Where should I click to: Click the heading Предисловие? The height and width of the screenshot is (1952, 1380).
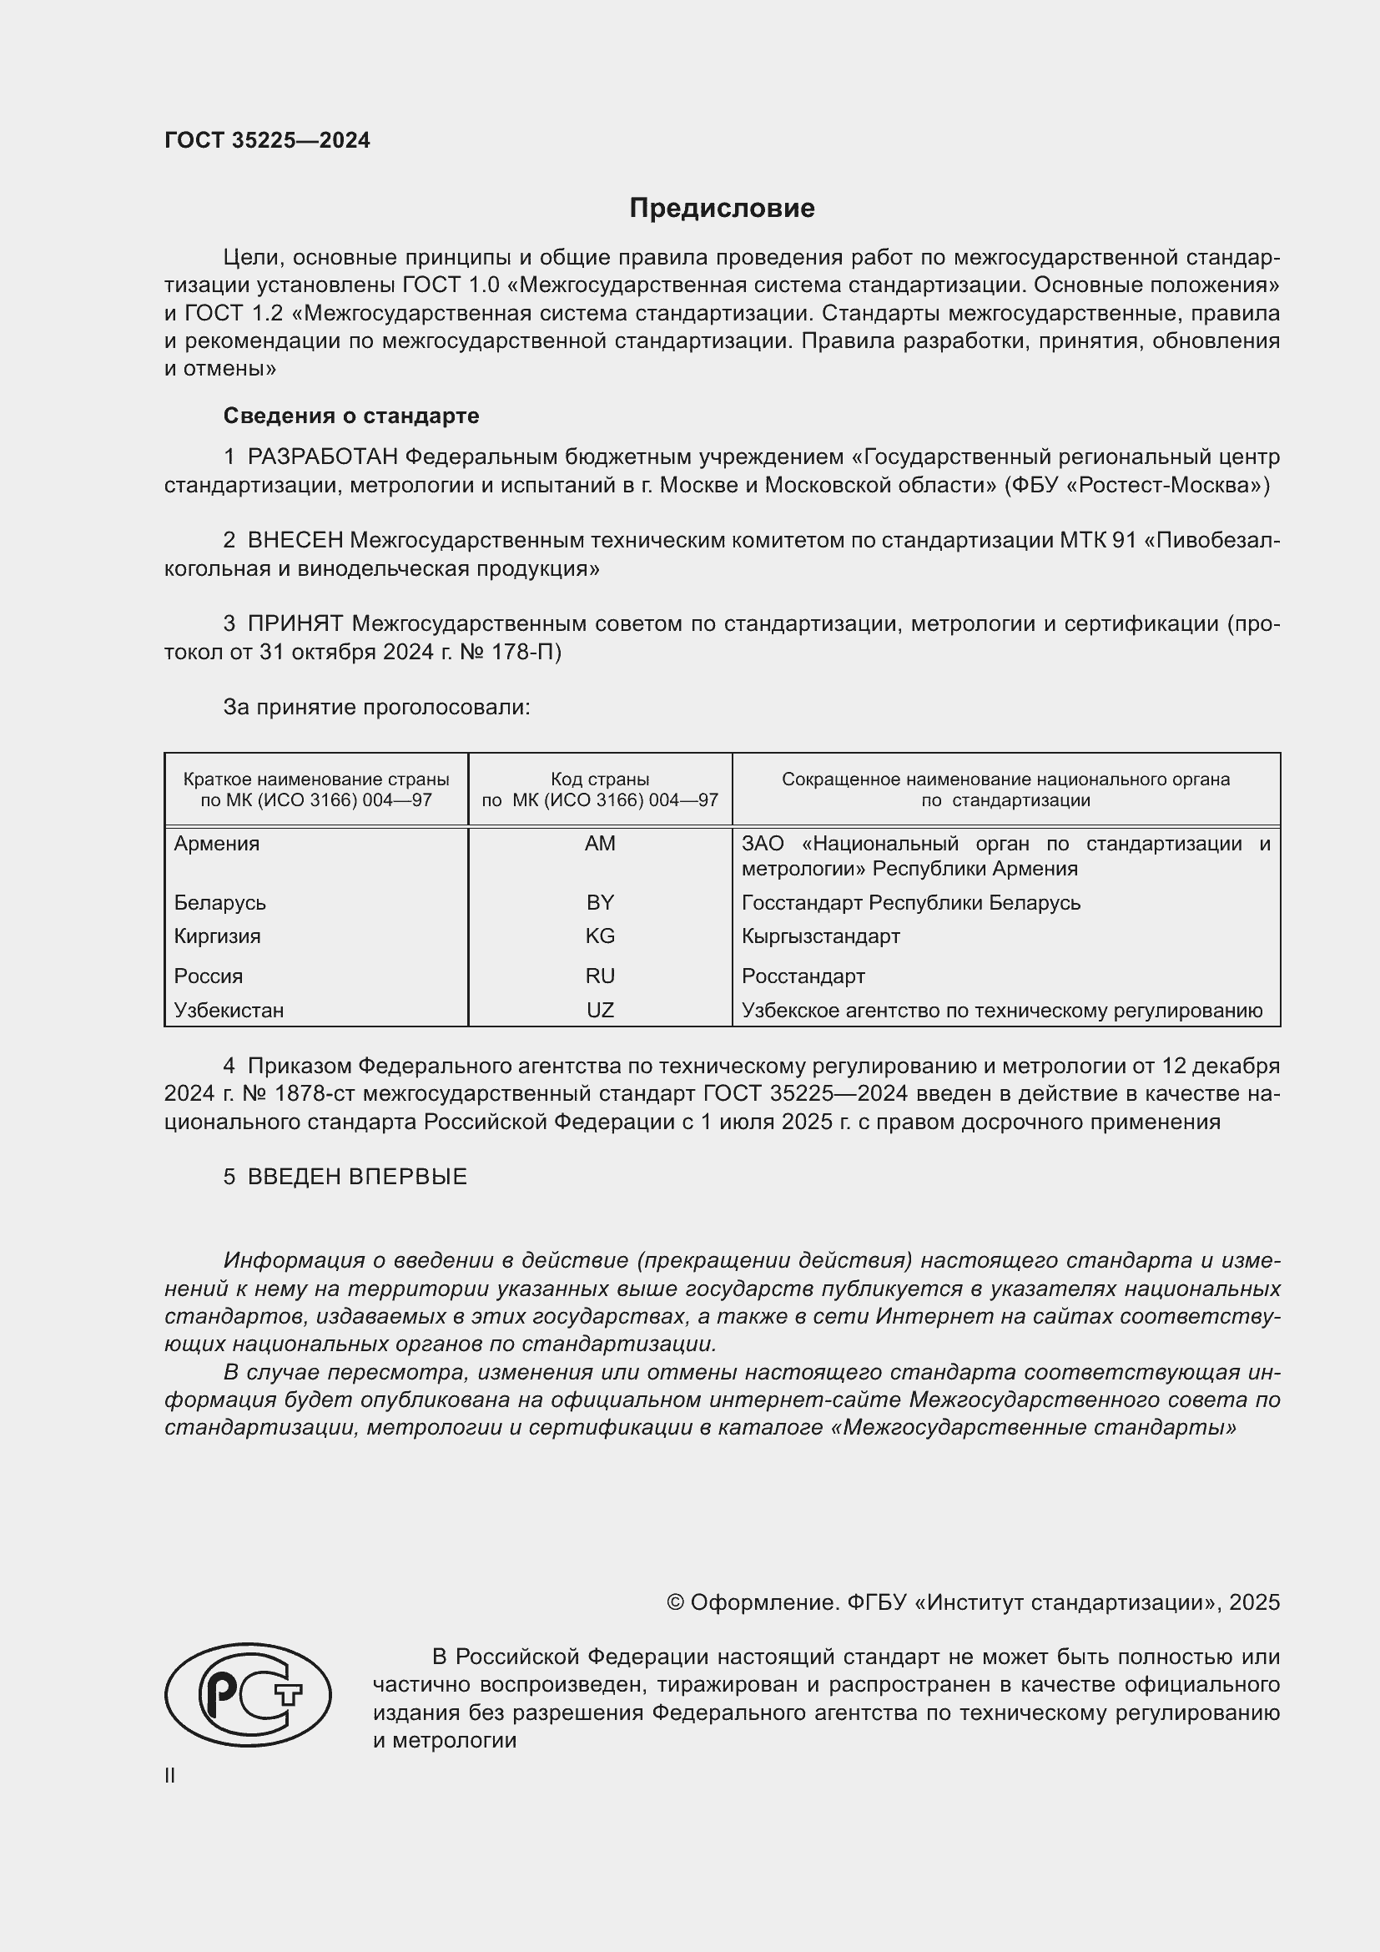722,209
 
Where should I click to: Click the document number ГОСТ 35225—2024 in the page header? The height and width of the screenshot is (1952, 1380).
267,141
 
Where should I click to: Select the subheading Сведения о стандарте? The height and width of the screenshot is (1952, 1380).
351,416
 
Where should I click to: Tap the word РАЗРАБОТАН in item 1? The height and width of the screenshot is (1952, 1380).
322,457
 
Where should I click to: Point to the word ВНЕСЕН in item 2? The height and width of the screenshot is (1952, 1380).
295,541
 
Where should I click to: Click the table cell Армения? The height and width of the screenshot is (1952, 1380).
217,844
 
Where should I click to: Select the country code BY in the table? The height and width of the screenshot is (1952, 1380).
600,902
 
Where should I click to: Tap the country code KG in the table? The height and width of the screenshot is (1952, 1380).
600,936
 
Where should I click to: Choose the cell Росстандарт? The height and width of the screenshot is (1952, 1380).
803,976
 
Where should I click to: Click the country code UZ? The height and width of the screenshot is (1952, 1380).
600,1010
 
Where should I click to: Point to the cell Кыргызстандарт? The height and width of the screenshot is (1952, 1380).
820,936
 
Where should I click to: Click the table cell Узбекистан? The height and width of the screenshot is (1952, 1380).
229,1010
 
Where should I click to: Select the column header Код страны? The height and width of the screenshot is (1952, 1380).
600,779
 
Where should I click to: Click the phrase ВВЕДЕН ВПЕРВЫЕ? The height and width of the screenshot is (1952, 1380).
357,1177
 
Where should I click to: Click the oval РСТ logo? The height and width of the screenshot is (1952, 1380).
247,1694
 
